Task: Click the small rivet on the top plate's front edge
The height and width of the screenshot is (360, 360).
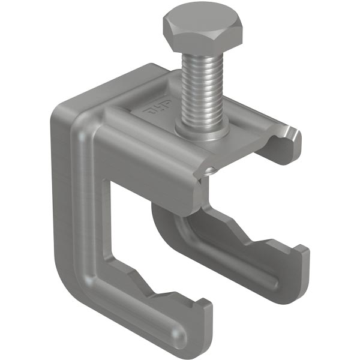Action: coord(207,172)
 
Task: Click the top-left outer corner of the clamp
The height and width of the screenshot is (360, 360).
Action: coord(57,111)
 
